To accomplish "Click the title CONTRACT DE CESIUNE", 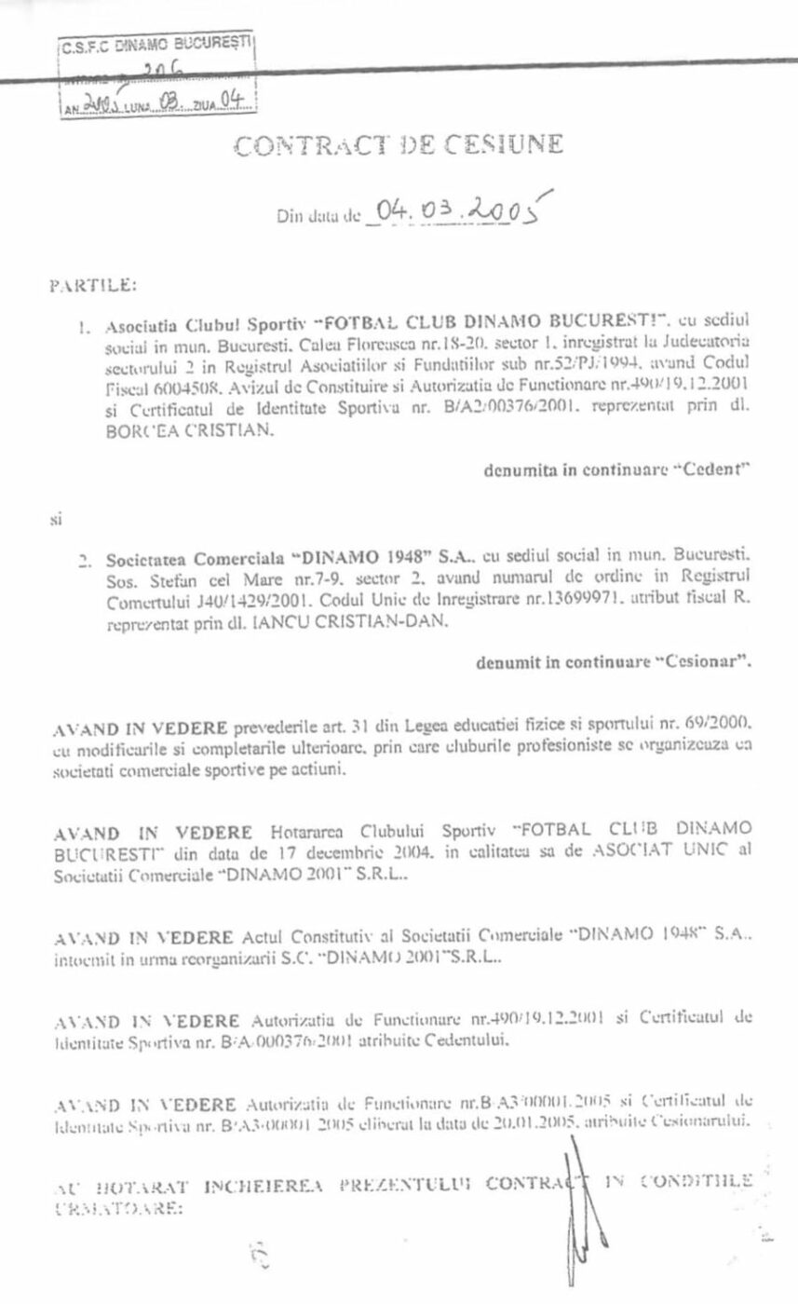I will pos(399,146).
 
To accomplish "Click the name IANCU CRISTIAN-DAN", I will pos(355,623).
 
